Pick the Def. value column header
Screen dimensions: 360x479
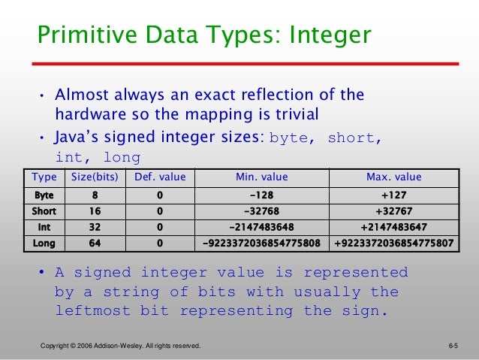coord(160,178)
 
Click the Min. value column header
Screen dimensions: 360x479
coord(262,178)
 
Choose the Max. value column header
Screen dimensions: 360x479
coord(393,178)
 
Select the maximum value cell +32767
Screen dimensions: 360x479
coord(393,211)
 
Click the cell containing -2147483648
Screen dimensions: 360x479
coord(262,227)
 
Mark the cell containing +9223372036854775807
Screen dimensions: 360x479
coord(393,244)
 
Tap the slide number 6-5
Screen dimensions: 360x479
coord(453,346)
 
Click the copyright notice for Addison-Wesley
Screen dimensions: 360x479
coord(120,346)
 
